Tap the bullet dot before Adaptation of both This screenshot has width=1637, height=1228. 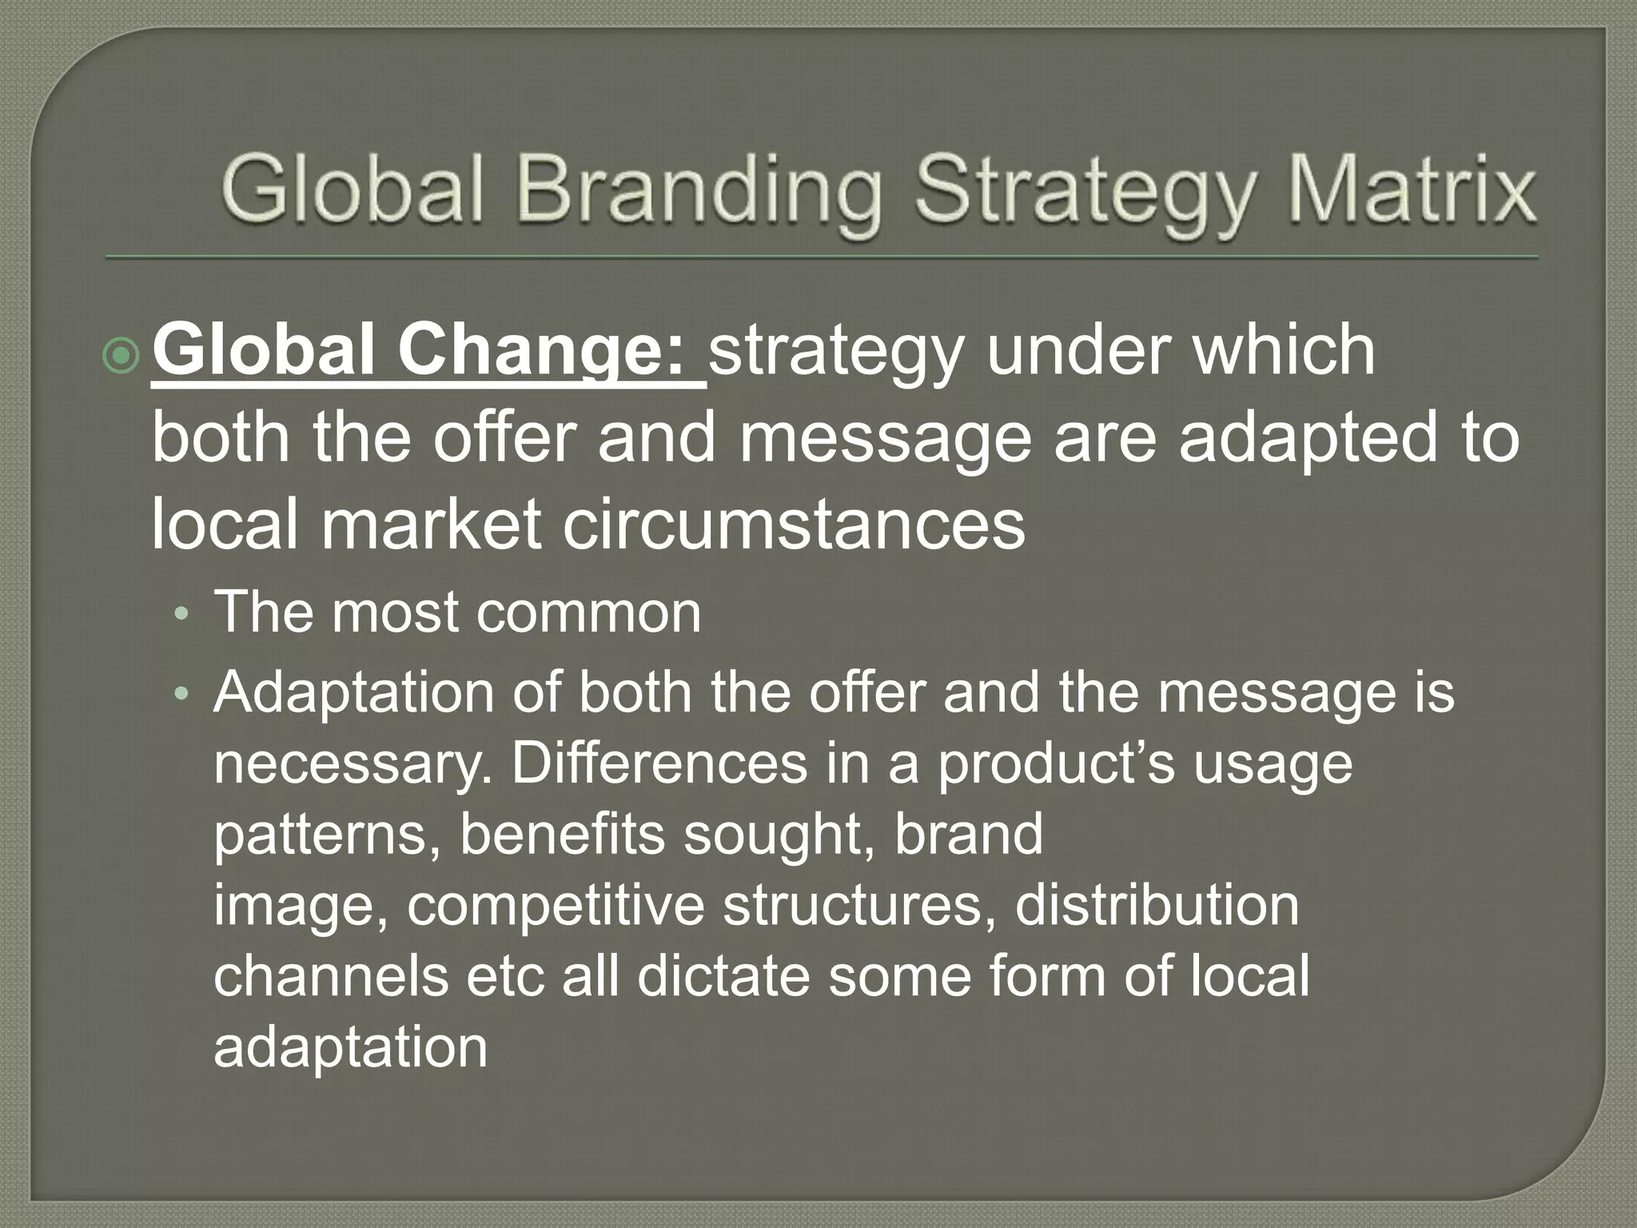183,694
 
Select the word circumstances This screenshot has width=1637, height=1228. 794,524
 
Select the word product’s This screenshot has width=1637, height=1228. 1056,764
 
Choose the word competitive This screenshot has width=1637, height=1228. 555,906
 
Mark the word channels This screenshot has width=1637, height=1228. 331,975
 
